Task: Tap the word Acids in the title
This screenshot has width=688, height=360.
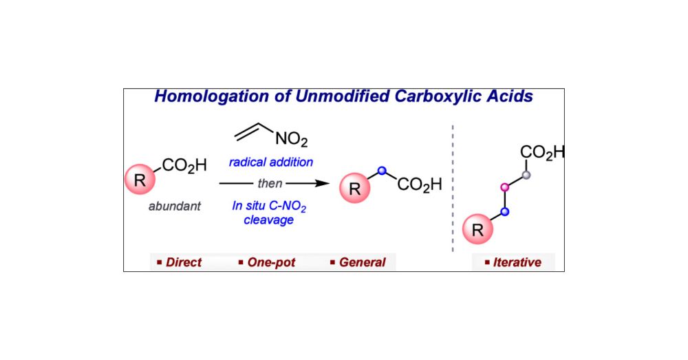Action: pyautogui.click(x=510, y=96)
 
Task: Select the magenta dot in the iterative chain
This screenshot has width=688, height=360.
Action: pyautogui.click(x=505, y=187)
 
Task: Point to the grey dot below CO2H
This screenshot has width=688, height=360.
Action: pyautogui.click(x=526, y=175)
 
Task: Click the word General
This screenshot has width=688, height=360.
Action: pyautogui.click(x=362, y=262)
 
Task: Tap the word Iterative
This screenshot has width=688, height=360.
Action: pyautogui.click(x=517, y=262)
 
